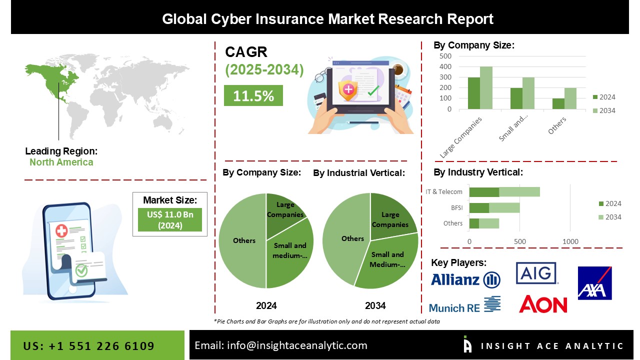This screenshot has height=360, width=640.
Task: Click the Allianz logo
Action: point(465,279)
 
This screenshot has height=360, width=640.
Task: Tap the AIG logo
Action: point(536,273)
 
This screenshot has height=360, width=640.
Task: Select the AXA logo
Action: point(595,283)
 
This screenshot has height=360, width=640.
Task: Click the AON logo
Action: point(543,304)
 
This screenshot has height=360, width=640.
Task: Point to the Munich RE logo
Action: point(465,304)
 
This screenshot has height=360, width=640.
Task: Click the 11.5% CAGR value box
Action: point(253,95)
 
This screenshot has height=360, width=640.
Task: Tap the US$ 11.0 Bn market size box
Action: point(170,219)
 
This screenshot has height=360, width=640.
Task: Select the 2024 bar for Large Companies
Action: point(474,93)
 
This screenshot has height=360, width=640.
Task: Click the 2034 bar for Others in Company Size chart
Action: point(570,98)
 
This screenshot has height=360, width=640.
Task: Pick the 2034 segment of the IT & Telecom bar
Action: point(519,192)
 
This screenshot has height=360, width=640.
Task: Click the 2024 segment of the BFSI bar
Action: point(479,208)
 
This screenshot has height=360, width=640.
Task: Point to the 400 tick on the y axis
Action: point(445,66)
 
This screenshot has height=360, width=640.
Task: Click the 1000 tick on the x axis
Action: point(570,241)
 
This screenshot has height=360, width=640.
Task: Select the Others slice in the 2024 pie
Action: point(242,240)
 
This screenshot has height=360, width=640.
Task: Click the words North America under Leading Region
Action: point(61,162)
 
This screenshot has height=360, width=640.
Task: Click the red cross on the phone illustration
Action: point(61,231)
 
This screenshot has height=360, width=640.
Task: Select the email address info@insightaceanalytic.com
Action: point(297,345)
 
